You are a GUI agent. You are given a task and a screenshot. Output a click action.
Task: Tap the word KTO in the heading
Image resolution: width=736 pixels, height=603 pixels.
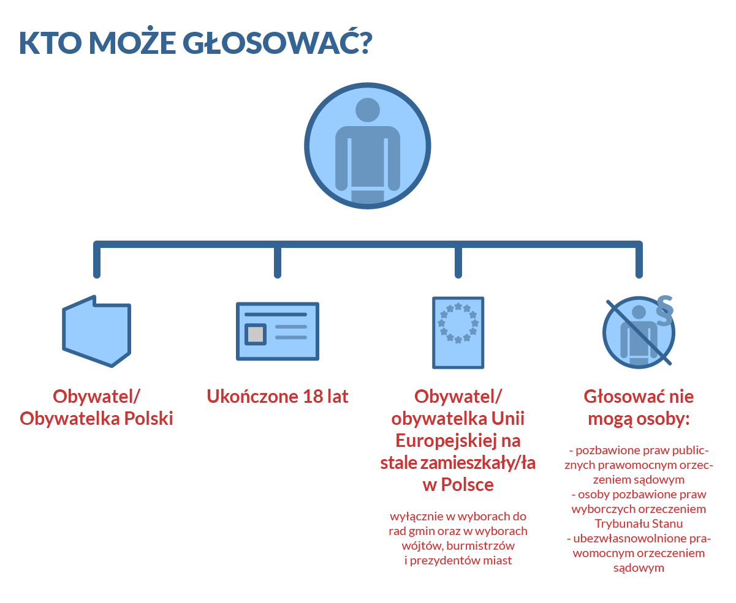(50, 43)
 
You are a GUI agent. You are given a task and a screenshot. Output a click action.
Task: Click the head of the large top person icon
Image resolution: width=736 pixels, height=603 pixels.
(367, 110)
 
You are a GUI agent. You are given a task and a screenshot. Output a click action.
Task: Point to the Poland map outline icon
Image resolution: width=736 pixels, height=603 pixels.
(97, 331)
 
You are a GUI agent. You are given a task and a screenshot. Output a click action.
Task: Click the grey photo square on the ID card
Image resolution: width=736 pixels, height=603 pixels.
(256, 334)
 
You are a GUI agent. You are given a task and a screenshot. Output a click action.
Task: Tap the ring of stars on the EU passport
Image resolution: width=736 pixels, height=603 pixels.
(458, 323)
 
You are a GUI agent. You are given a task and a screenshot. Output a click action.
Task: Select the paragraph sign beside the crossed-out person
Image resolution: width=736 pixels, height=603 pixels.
(664, 310)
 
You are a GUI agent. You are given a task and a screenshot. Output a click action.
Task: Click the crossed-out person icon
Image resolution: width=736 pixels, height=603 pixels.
(639, 332)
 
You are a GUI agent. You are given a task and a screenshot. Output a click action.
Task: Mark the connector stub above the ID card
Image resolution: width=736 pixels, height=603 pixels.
(278, 261)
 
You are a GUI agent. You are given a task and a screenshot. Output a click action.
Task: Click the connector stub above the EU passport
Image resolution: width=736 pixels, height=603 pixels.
(458, 261)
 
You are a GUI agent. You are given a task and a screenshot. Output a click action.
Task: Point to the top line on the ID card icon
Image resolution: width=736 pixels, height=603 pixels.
(276, 315)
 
